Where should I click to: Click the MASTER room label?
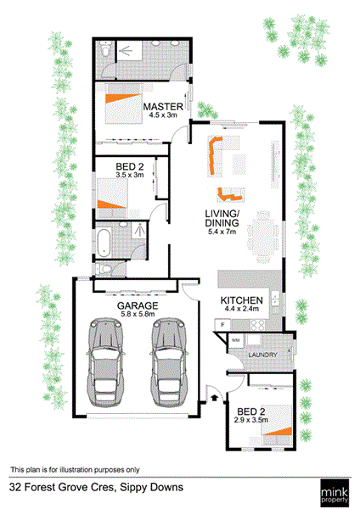point(163,107)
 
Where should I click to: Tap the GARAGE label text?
point(138,305)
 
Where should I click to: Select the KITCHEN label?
point(242,300)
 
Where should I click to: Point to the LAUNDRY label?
point(262,355)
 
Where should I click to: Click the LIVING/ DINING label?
point(222,219)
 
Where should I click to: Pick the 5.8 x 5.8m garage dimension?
point(138,314)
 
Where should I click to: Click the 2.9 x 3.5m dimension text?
point(251,420)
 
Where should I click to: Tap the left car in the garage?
point(105,362)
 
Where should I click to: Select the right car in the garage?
point(169,362)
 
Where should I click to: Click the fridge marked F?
point(223,325)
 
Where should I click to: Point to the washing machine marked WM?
point(236,341)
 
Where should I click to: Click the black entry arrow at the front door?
point(215,398)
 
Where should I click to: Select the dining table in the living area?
point(263,238)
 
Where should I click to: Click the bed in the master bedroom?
point(123,103)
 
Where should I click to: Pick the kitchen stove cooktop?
point(257,325)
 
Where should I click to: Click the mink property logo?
point(335,493)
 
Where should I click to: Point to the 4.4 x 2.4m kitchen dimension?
point(242,309)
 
